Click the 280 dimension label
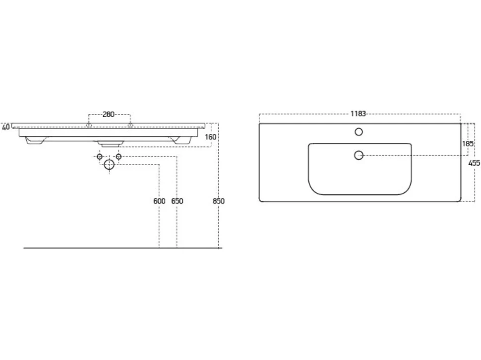pyautogui.click(x=108, y=115)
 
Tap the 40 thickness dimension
pyautogui.click(x=6, y=127)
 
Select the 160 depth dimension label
pyautogui.click(x=210, y=137)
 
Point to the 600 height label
pyautogui.click(x=159, y=201)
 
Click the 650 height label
pyautogui.click(x=178, y=201)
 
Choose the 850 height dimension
pyautogui.click(x=219, y=201)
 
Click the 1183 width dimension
pyautogui.click(x=359, y=114)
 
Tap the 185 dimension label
pyautogui.click(x=468, y=143)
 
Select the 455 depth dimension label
pyautogui.click(x=474, y=164)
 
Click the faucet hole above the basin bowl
pyautogui.click(x=359, y=132)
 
